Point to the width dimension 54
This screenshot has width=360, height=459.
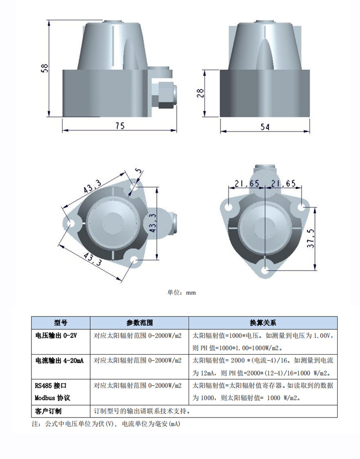point(265,127)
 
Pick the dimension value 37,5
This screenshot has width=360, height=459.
point(311,239)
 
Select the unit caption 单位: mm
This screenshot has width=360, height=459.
point(182,292)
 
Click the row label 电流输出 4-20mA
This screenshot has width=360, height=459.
point(59,361)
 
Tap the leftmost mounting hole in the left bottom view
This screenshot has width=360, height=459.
point(71,224)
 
